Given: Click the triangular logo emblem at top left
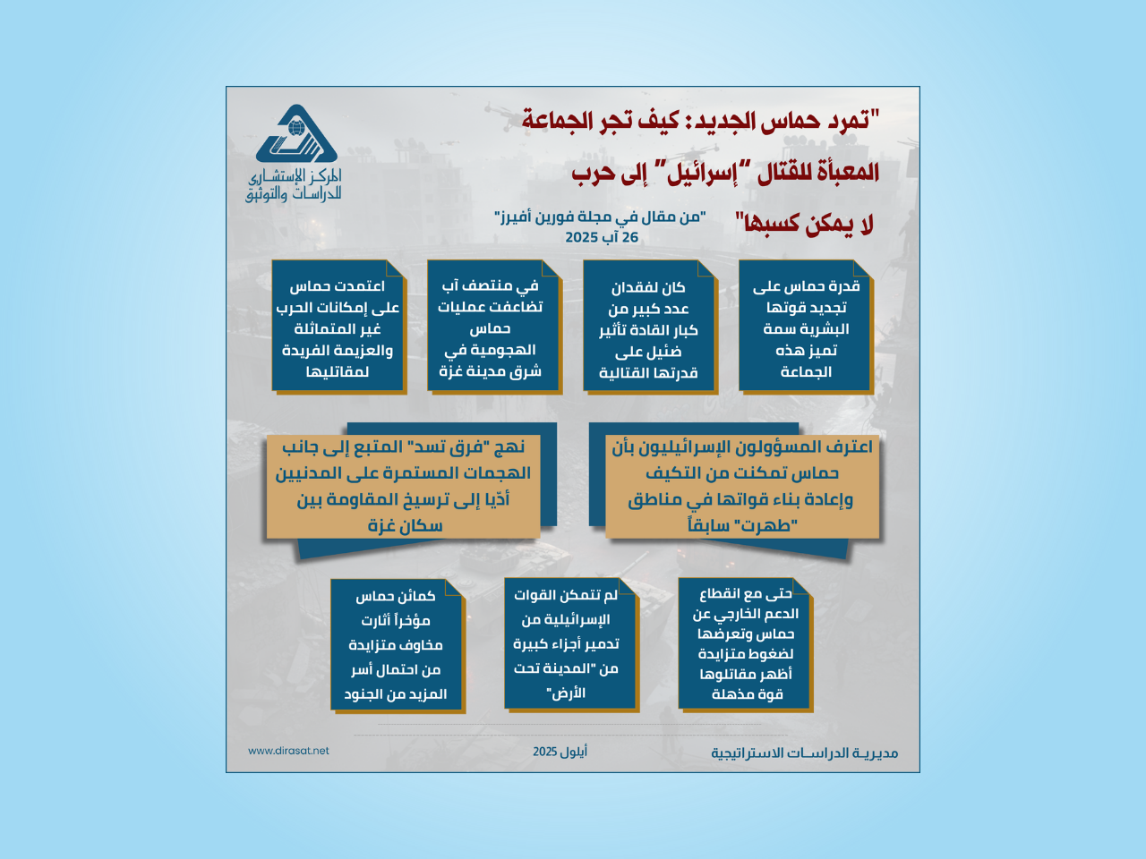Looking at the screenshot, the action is pos(296,134).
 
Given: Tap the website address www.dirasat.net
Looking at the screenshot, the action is pos(288,751).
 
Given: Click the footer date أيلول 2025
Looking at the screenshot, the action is pos(560,752).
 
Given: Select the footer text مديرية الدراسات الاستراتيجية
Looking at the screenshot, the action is pos(804,753).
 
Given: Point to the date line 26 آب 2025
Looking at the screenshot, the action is pos(602,237).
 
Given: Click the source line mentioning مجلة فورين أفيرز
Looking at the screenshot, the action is pos(600,217).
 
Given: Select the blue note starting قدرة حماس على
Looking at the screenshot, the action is pos(805,326).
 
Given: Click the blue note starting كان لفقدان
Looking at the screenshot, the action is pos(649,326).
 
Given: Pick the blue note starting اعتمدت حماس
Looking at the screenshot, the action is pos(338,326).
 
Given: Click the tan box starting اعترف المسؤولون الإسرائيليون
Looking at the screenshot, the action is pos(742,486).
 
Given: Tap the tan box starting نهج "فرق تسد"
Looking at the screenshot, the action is pos(404,486).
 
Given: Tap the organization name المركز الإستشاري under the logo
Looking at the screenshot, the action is pos(295,177).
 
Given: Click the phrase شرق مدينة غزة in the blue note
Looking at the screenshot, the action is pos(491,371).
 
